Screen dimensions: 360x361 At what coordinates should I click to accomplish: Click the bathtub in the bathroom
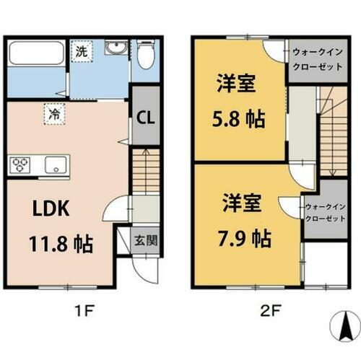(x=35, y=56)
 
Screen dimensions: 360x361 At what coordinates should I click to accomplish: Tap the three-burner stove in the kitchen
(x=19, y=165)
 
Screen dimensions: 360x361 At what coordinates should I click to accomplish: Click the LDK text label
(x=48, y=208)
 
